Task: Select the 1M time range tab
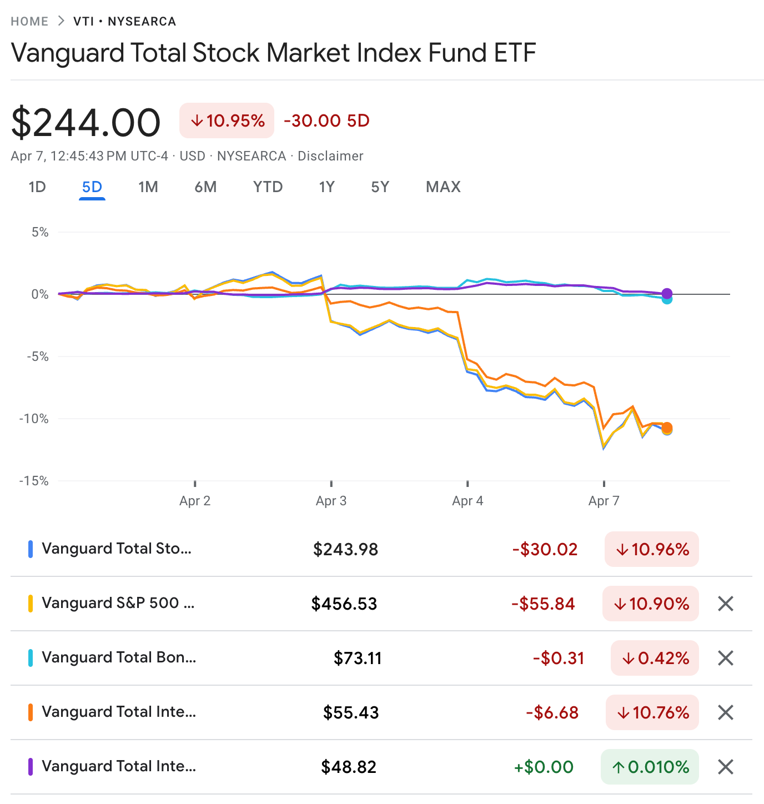pyautogui.click(x=148, y=187)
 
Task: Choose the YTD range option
pyautogui.click(x=268, y=187)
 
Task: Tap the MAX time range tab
pyautogui.click(x=443, y=187)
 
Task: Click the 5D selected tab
pyautogui.click(x=92, y=187)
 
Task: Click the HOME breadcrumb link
pyautogui.click(x=29, y=22)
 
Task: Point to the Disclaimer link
pyautogui.click(x=330, y=156)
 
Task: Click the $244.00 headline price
pyautogui.click(x=86, y=122)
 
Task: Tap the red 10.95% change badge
pyautogui.click(x=227, y=120)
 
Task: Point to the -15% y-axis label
pyautogui.click(x=34, y=481)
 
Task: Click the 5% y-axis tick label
pyautogui.click(x=40, y=232)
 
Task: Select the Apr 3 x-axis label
pyautogui.click(x=331, y=501)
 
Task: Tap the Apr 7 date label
pyautogui.click(x=604, y=501)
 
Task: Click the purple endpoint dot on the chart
pyautogui.click(x=667, y=294)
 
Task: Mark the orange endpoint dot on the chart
pyautogui.click(x=667, y=428)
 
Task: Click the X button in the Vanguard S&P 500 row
pyautogui.click(x=726, y=604)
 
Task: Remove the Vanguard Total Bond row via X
pyautogui.click(x=726, y=658)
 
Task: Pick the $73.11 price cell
pyautogui.click(x=358, y=658)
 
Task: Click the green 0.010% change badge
pyautogui.click(x=650, y=767)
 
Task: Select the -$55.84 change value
pyautogui.click(x=543, y=604)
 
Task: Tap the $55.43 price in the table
pyautogui.click(x=351, y=712)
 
